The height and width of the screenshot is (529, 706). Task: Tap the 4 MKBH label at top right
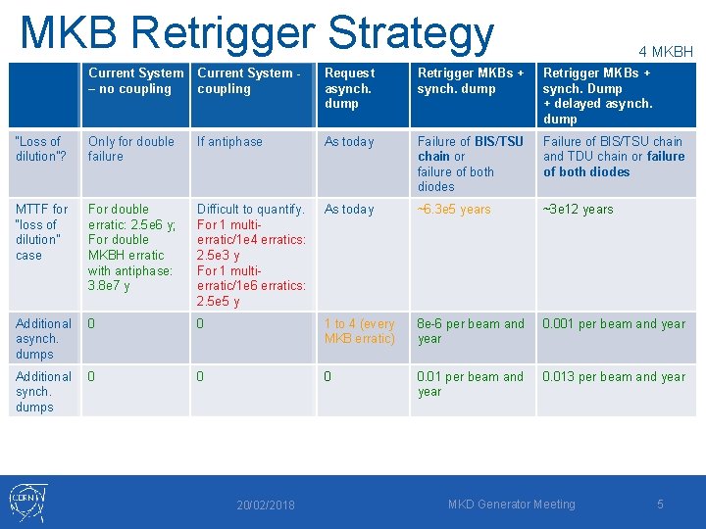(665, 51)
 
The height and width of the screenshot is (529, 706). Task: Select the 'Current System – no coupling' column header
(135, 80)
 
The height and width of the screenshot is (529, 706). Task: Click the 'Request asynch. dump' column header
(349, 87)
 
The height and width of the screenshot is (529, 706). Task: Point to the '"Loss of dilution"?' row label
(38, 149)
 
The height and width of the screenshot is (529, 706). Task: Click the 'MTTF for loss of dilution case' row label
(42, 231)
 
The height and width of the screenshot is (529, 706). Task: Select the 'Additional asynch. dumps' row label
(43, 338)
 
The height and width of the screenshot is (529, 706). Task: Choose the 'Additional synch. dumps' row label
(43, 391)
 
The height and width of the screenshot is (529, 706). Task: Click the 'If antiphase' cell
(229, 141)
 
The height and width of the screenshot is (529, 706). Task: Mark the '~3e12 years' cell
(578, 209)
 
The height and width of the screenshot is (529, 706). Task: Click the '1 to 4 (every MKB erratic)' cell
(360, 331)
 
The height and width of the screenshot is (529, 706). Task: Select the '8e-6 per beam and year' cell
(471, 331)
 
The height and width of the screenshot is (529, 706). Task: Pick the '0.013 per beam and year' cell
(614, 376)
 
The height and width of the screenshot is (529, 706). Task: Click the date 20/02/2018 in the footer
(265, 505)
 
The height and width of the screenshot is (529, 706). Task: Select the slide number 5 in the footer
(660, 504)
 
